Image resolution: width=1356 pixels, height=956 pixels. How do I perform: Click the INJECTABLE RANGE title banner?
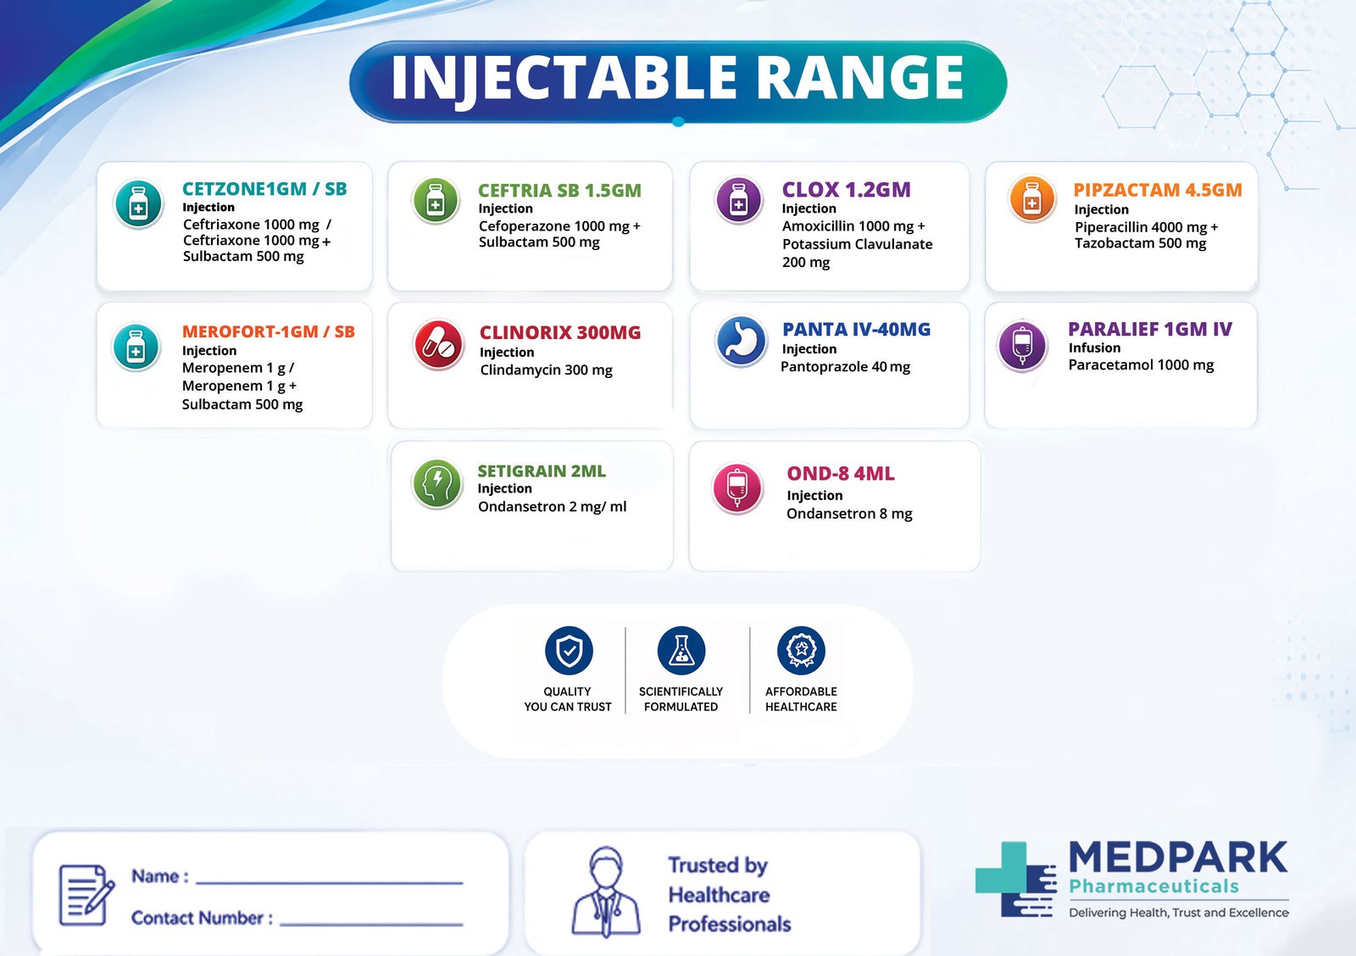point(677,79)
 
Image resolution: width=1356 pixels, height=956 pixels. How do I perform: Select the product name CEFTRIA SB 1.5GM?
point(559,191)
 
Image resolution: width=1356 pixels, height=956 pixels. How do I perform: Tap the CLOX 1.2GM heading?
point(846,190)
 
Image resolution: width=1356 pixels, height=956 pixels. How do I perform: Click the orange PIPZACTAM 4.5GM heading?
point(1157,190)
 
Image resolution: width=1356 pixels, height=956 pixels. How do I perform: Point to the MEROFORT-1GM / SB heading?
point(268,331)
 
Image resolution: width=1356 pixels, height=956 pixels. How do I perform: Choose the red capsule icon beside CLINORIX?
point(438,345)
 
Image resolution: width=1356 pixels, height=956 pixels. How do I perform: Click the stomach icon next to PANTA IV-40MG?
point(741,341)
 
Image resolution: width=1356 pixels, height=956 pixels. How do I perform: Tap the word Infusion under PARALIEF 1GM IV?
point(1094,347)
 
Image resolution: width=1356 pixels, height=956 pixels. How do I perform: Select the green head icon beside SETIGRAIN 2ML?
point(436,483)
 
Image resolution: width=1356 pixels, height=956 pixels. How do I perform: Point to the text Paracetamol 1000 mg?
point(1141,365)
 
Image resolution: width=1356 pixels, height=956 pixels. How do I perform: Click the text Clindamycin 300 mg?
point(546,370)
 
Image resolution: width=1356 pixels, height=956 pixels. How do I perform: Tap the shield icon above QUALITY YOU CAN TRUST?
point(569,651)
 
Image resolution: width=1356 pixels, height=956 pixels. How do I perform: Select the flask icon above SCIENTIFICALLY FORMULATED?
point(681,651)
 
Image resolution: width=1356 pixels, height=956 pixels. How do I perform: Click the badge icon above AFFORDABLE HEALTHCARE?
point(801,651)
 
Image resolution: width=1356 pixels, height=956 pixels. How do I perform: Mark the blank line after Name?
point(329,881)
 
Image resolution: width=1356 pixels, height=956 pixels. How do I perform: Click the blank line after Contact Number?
point(371,922)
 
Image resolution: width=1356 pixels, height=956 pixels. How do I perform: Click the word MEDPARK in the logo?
point(1177,858)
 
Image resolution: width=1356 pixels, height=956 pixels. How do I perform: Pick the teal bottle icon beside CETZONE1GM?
point(139,205)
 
